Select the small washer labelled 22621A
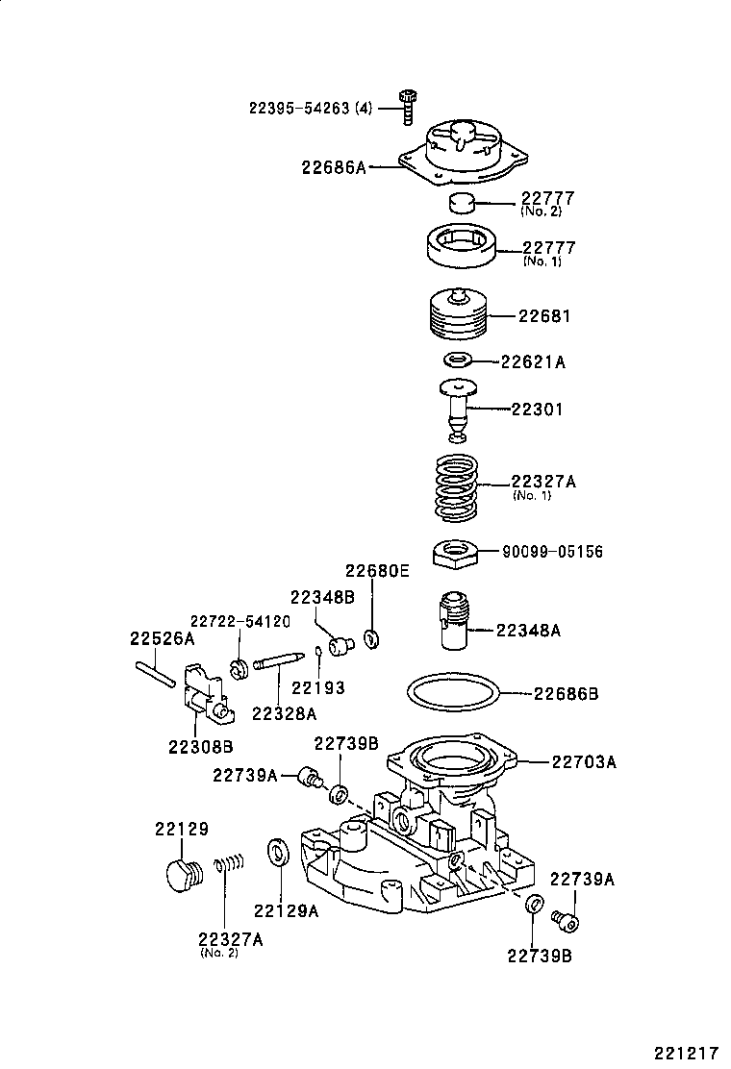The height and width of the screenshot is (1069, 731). click(457, 361)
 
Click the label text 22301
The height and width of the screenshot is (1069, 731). click(537, 410)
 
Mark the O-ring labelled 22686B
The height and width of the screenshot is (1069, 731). click(453, 692)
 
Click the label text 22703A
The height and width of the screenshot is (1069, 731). click(584, 762)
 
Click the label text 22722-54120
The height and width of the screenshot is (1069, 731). click(239, 621)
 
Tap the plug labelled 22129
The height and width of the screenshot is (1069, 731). click(178, 875)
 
